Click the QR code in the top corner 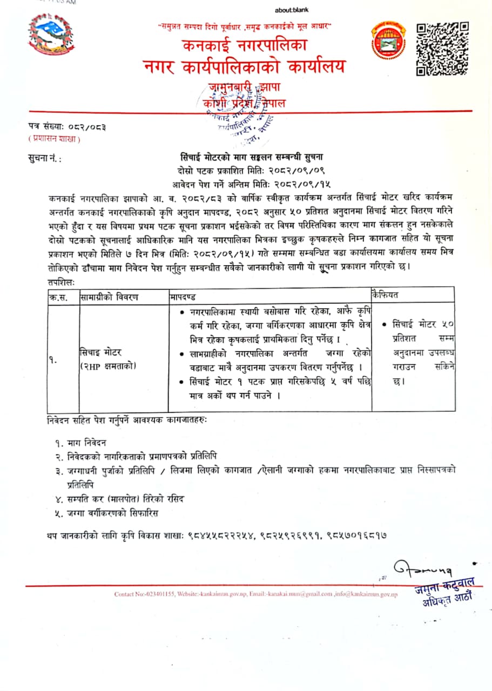click(x=442, y=48)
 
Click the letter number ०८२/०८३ click(x=86, y=127)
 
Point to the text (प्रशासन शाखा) click(x=54, y=139)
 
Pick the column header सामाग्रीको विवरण click(x=109, y=296)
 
